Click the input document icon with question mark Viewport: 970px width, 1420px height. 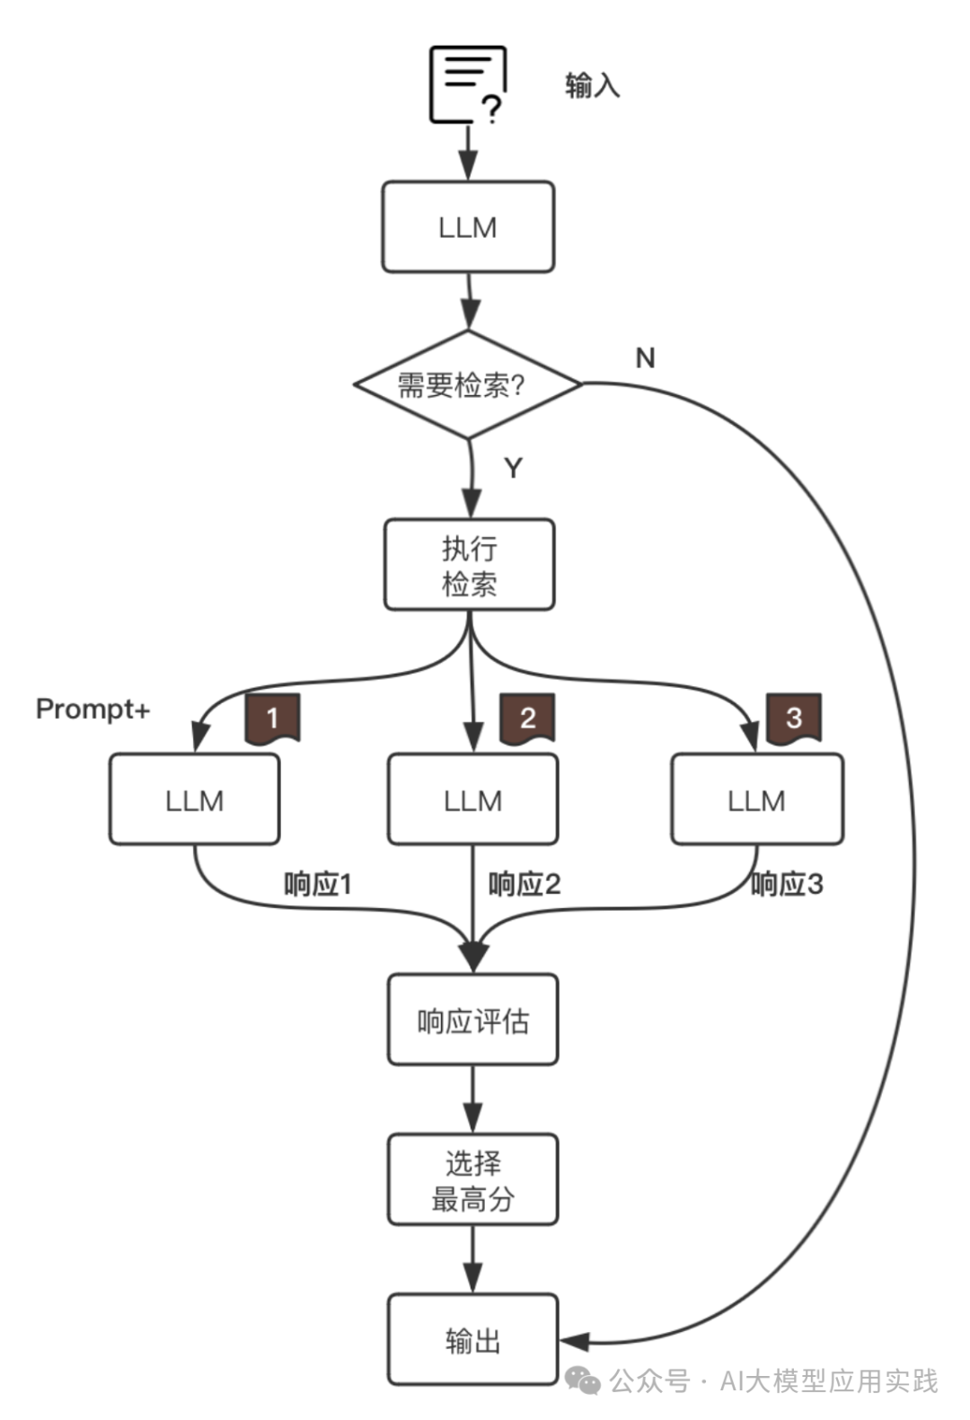point(468,85)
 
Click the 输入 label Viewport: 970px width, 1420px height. point(592,85)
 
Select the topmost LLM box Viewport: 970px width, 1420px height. point(468,227)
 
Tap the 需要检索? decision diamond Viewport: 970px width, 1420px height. point(468,384)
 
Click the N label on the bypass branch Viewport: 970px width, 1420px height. point(645,357)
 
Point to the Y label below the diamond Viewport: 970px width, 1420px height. point(513,468)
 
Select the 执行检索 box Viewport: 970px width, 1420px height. point(469,565)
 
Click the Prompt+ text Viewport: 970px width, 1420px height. point(93,710)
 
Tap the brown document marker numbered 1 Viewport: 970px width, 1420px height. point(272,718)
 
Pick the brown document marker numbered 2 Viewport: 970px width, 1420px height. point(527,718)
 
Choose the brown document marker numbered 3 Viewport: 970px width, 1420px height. point(793,718)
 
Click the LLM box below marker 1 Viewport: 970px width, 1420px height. point(194,799)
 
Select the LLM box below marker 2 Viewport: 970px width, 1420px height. point(472,799)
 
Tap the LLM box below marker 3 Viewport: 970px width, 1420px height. point(756,799)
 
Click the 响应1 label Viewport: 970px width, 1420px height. point(318,885)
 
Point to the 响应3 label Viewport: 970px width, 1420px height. point(787,885)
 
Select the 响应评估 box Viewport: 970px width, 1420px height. point(472,1020)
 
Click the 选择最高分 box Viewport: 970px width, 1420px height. point(472,1180)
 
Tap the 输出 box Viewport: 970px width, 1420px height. point(472,1340)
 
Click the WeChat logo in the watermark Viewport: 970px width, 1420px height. point(584,1381)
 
